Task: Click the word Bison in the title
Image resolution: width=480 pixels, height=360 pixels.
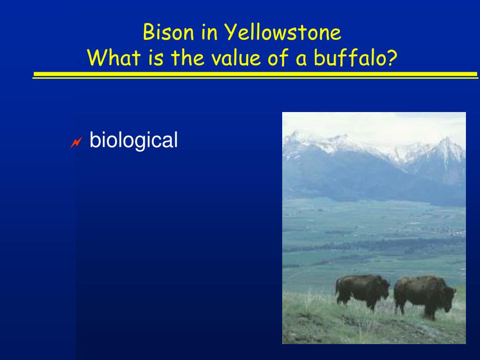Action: pos(168,32)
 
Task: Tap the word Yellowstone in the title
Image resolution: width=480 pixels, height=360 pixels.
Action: pos(283,32)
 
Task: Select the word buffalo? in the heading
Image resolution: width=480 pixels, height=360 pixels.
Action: pos(355,57)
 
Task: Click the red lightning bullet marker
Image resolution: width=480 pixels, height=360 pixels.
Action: pos(76,142)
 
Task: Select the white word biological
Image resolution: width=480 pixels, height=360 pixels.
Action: pos(134,140)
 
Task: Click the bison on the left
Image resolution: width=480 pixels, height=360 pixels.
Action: pos(362,292)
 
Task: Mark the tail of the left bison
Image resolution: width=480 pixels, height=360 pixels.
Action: pos(337,286)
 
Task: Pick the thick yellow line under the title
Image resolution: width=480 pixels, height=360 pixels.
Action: pos(255,74)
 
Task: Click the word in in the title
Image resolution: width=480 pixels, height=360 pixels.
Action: pos(210,32)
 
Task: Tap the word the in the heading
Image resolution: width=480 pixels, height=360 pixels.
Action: pos(187,57)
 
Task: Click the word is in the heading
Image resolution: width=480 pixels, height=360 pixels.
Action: pos(156,58)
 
